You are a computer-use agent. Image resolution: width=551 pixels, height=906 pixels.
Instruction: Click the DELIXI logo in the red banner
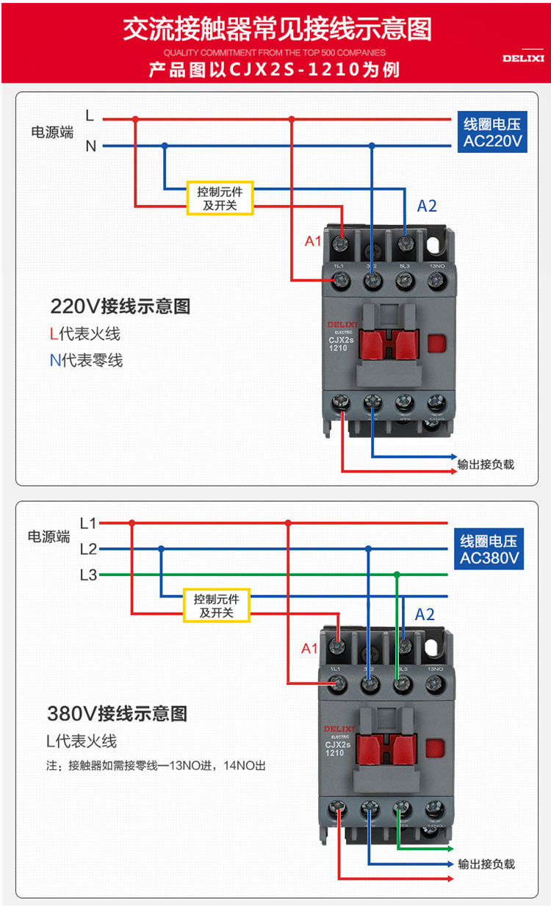tap(523, 57)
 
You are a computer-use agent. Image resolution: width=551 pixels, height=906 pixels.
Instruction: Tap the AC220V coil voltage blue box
tap(492, 133)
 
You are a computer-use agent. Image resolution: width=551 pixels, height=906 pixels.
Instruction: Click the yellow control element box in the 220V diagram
tap(220, 198)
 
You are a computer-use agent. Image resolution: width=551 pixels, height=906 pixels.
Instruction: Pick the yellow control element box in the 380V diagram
tap(217, 605)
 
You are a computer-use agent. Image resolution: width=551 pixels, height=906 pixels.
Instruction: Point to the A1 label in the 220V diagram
tap(313, 241)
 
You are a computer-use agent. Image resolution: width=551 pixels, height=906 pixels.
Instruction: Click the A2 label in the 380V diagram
tap(425, 614)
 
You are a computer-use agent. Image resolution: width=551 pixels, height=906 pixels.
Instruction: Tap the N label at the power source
tap(91, 146)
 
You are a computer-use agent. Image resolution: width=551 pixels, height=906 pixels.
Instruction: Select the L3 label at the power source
tap(88, 575)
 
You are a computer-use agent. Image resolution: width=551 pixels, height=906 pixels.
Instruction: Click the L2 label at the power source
tap(88, 549)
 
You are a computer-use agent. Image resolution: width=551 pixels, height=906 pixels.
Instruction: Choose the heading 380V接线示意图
tap(117, 713)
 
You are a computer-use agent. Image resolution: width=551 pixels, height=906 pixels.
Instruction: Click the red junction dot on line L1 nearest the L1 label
tap(132, 523)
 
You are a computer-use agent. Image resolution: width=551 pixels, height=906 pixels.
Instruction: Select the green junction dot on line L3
tap(397, 575)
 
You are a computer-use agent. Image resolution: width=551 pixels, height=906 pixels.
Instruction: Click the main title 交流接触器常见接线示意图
tap(276, 29)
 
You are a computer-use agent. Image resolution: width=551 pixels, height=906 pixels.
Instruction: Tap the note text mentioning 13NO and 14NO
tap(156, 766)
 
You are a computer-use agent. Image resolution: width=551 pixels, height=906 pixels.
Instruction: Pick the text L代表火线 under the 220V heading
tap(84, 334)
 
